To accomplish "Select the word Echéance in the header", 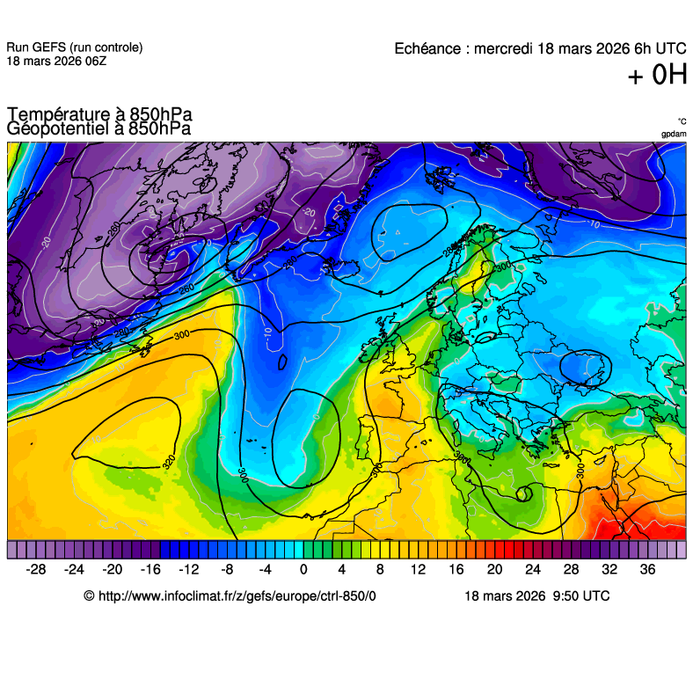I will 427,48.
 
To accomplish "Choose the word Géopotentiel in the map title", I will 58,128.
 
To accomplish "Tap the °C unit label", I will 682,122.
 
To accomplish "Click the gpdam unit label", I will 674,134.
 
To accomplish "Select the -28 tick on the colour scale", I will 36,569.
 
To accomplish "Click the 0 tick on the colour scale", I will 303,569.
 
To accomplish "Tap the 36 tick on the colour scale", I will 647,569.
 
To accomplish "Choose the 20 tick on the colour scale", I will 494,569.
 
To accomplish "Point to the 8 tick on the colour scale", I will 380,569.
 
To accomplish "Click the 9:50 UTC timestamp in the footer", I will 580,595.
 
